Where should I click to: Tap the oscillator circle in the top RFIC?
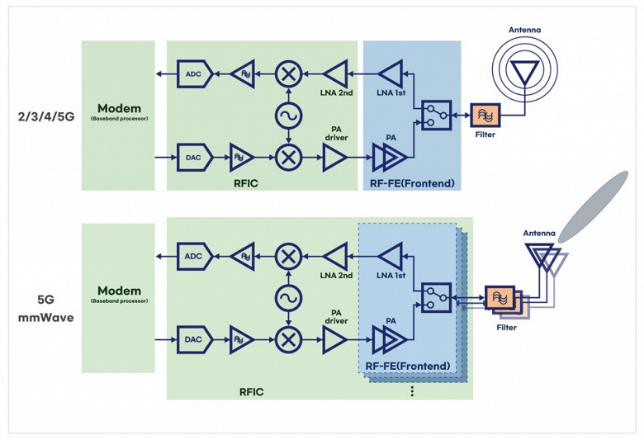point(289,115)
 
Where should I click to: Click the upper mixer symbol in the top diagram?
point(289,75)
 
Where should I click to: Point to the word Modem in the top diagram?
point(119,108)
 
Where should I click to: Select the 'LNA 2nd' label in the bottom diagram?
point(336,275)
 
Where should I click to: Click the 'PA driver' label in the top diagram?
point(336,132)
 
